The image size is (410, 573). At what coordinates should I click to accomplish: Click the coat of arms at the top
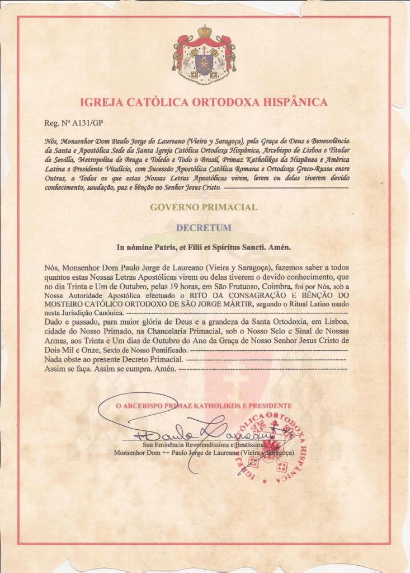pyautogui.click(x=204, y=55)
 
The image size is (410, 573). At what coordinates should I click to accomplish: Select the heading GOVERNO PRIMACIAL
pyautogui.click(x=204, y=207)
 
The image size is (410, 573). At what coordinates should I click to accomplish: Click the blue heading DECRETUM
pyautogui.click(x=204, y=228)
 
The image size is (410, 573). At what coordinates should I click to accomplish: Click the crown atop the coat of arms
pyautogui.click(x=204, y=31)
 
